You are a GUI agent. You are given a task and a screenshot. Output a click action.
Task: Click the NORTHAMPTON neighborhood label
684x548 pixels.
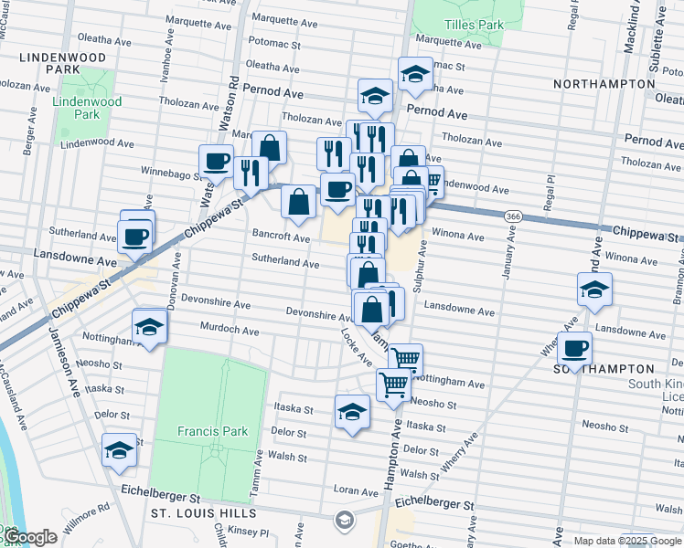(x=604, y=83)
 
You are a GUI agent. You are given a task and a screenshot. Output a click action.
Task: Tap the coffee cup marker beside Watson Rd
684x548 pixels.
(x=216, y=162)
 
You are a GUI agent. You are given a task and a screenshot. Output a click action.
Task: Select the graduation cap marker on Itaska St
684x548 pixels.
(x=352, y=412)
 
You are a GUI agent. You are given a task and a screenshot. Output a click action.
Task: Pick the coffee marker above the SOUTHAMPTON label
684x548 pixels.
(x=574, y=348)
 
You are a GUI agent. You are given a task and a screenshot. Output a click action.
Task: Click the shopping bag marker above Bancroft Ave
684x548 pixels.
(x=298, y=202)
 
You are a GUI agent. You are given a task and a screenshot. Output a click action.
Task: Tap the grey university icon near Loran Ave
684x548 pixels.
(x=345, y=520)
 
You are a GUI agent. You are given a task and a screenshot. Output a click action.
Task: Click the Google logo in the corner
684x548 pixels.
(x=29, y=536)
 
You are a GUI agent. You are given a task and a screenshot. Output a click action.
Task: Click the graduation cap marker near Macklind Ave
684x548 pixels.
(x=594, y=290)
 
